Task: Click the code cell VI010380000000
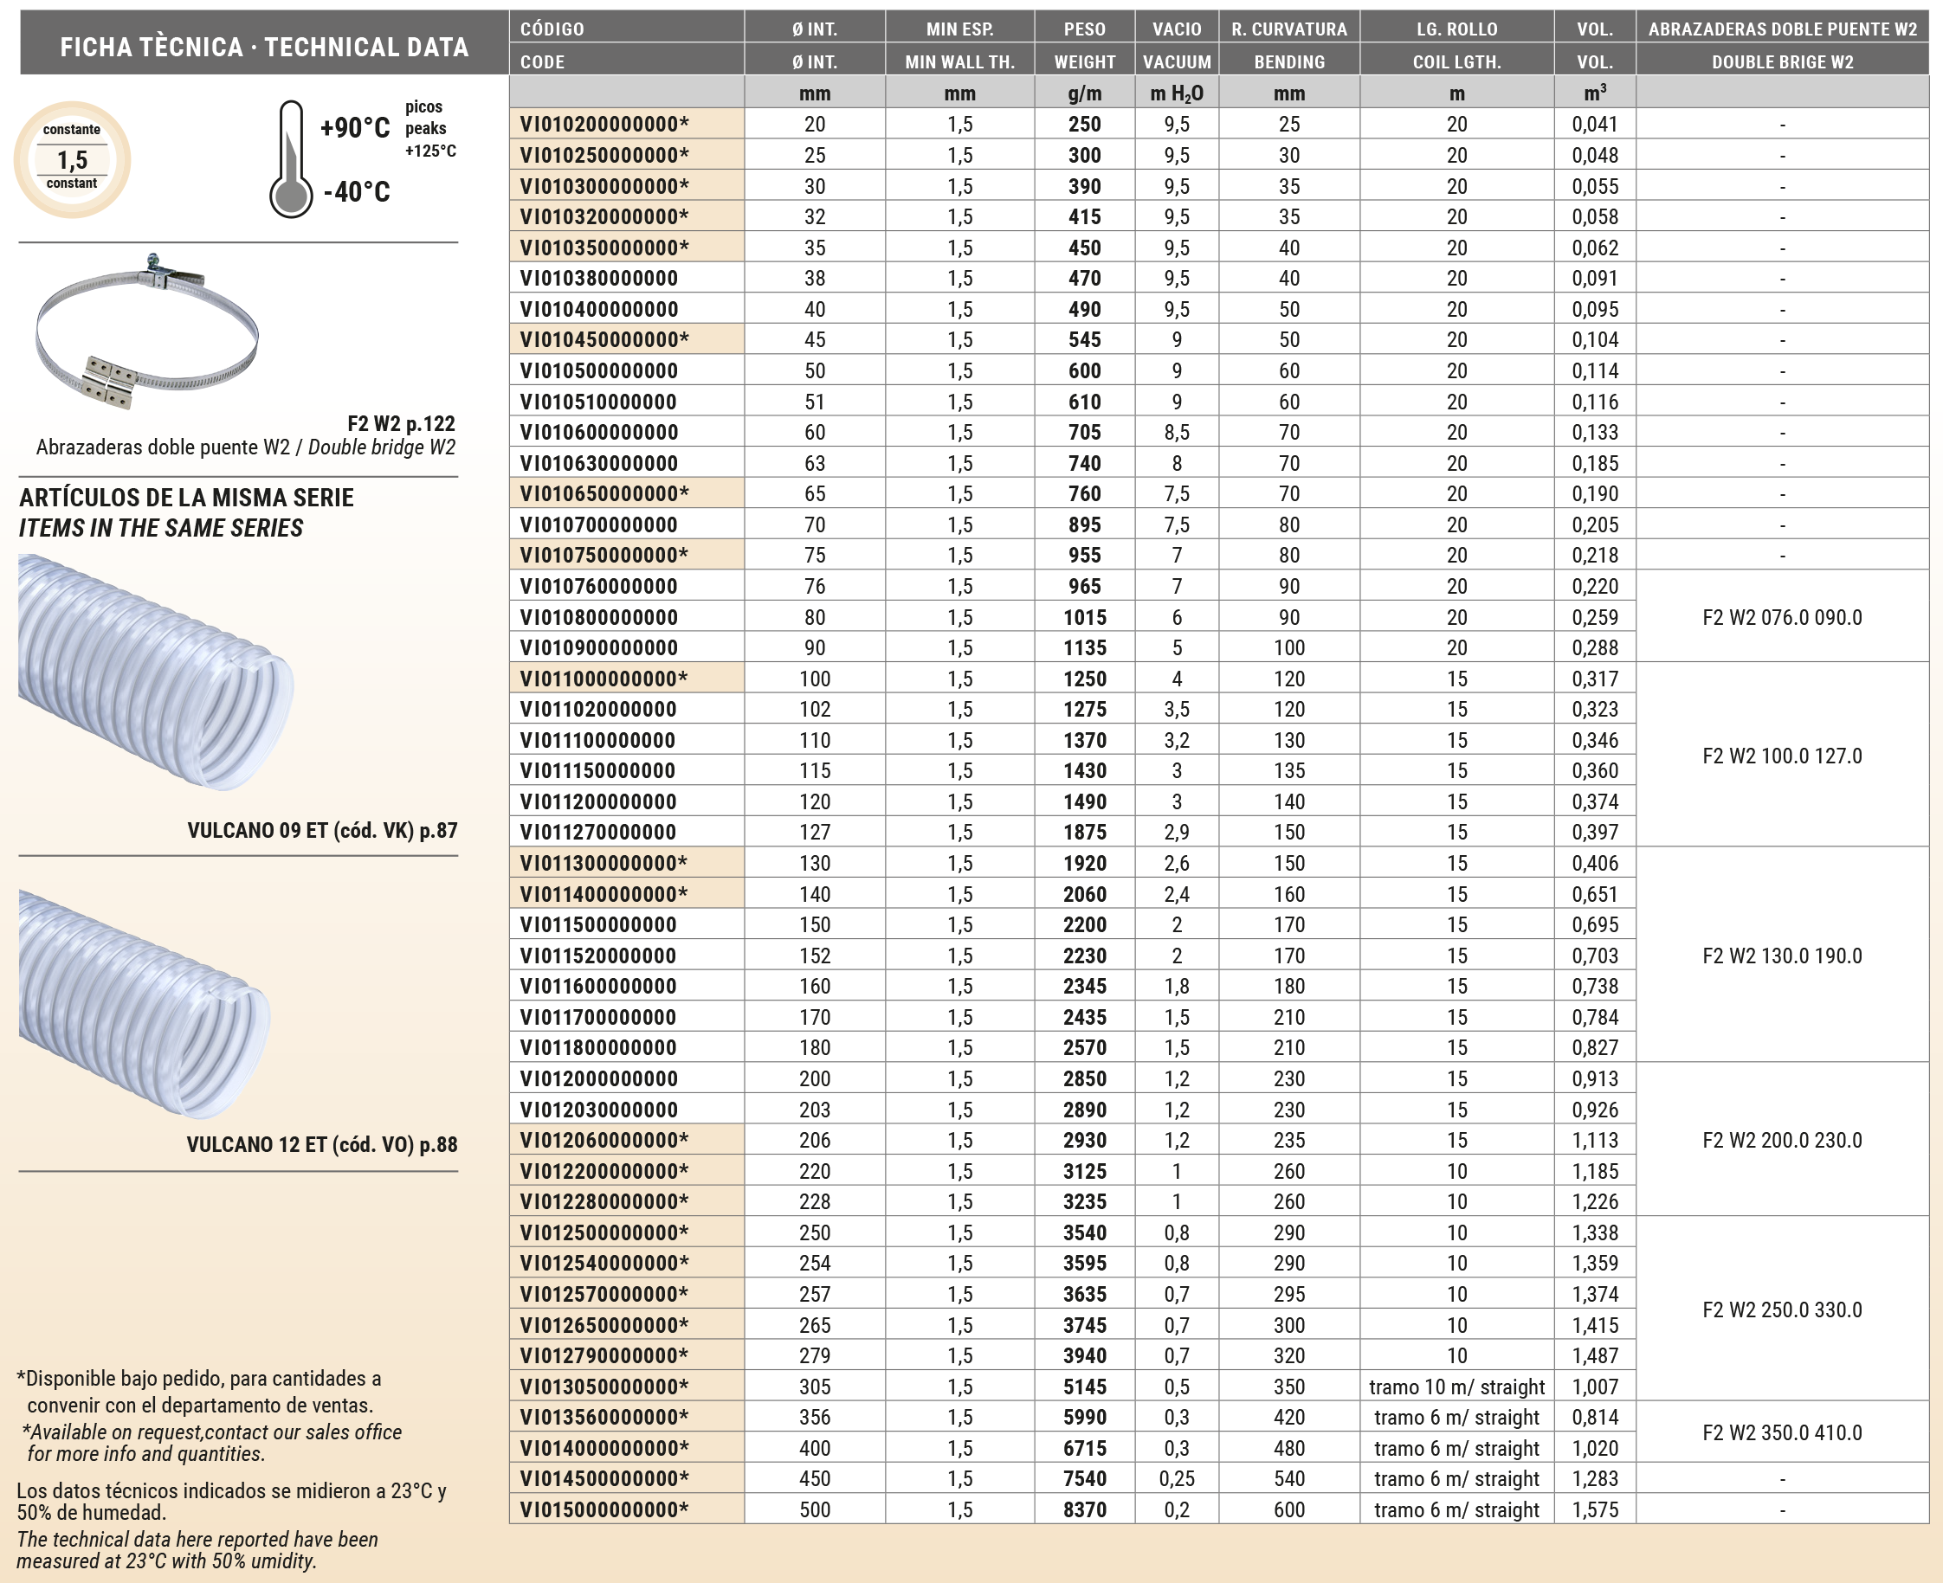[598, 278]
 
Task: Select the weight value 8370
[1084, 1509]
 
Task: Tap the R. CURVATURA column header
[1288, 29]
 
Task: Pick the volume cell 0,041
[1594, 124]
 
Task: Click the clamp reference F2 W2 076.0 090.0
[1782, 617]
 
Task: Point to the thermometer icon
[291, 159]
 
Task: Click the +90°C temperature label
[355, 128]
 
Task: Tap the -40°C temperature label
[357, 191]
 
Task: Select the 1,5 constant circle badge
[72, 159]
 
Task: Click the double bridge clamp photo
[147, 332]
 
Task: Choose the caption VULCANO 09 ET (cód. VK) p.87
[322, 830]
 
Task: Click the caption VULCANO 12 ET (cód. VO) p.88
[322, 1144]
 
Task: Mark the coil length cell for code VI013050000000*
[1456, 1386]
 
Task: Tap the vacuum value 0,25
[1176, 1478]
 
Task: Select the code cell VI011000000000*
[604, 679]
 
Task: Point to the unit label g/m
[1084, 93]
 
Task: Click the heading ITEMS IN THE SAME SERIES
[160, 528]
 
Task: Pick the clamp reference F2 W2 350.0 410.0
[1782, 1432]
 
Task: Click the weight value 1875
[1084, 832]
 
